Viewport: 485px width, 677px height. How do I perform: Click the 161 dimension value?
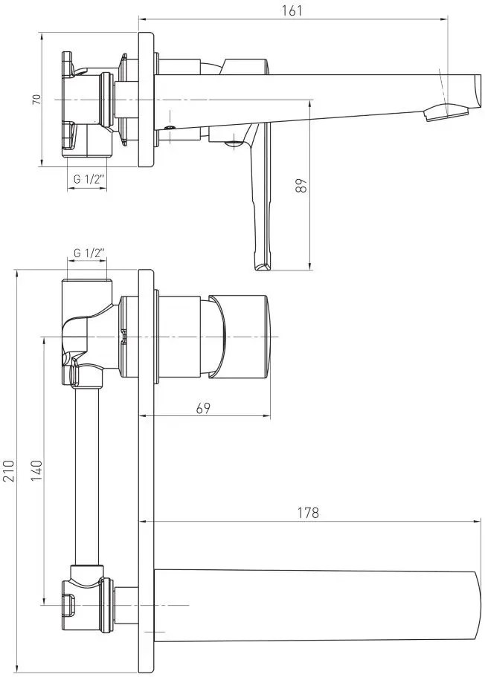[292, 10]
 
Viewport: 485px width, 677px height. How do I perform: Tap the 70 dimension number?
[37, 100]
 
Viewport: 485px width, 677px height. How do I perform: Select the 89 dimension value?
[302, 185]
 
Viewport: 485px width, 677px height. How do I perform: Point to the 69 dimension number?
[203, 407]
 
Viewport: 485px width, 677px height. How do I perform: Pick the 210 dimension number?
[9, 470]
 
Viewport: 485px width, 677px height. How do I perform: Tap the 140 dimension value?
[37, 470]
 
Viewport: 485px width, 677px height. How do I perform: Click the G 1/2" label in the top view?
[89, 179]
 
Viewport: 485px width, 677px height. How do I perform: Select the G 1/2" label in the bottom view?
[89, 253]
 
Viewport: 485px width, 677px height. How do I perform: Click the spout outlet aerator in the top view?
[447, 113]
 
